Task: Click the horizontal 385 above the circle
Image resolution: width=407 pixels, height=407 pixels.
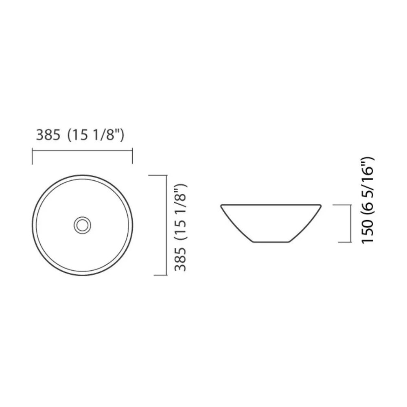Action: tap(48, 135)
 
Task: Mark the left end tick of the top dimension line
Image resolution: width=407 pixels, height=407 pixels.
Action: tap(33, 157)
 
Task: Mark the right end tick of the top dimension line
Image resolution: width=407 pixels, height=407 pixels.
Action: tap(132, 157)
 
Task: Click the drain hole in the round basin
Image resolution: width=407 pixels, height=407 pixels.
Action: tap(82, 225)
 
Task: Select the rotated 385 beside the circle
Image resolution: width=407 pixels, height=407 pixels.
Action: tap(180, 260)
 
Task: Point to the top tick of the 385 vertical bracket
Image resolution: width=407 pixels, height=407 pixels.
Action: tap(158, 175)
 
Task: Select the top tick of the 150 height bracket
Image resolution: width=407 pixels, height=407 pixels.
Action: tap(342, 205)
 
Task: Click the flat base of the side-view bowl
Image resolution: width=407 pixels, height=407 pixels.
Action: tap(271, 243)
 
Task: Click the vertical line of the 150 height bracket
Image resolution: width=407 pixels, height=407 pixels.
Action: tap(351, 223)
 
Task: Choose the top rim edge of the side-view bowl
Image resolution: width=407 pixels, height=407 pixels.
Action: tap(271, 205)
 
